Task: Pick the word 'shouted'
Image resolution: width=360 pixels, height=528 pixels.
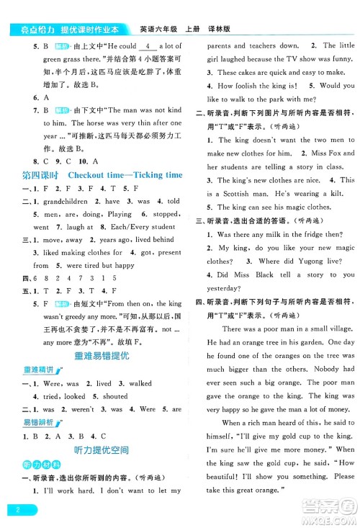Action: click(109, 396)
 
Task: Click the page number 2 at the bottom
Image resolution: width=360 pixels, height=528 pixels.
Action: click(15, 510)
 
